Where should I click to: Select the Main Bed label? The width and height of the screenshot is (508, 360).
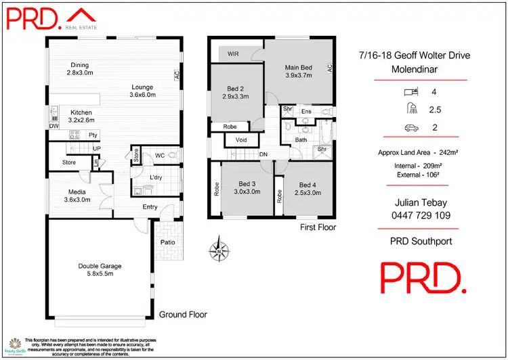pos(298,67)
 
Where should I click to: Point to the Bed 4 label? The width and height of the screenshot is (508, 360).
pos(308,185)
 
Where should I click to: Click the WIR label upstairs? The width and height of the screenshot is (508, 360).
pos(233,53)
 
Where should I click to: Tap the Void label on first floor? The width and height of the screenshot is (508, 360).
pos(240,140)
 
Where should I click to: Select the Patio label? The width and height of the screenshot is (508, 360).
pos(169,242)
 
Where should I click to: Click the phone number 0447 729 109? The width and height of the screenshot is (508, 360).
pos(421,216)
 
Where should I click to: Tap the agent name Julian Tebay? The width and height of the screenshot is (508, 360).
pos(421,202)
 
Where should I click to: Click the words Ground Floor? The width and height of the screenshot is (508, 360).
pos(182,315)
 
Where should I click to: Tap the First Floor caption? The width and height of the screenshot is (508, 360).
pos(318,227)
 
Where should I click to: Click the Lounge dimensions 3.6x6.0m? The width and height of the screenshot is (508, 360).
pos(142,95)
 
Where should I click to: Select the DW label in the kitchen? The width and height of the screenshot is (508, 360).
pos(54,126)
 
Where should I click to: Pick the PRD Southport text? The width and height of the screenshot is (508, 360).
pos(421,241)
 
